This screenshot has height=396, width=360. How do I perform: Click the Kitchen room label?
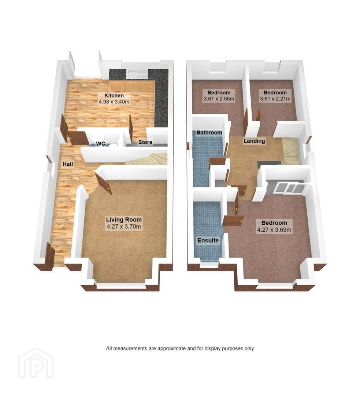pos(114,95)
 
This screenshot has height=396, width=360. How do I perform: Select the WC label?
pos(101,144)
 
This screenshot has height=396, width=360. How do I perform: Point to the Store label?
pos(145,142)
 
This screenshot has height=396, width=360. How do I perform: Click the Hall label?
pos(68,164)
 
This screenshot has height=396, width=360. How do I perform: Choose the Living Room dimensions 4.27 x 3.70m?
pos(124,226)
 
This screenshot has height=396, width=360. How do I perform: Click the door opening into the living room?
pos(103,183)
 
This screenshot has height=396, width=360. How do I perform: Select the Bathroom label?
pos(209,132)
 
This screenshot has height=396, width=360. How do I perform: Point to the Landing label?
pos(254,141)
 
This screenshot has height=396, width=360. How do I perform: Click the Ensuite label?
pos(208,240)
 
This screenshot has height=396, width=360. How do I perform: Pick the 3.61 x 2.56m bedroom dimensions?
pos(219,99)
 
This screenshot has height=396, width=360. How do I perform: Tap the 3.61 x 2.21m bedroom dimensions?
pos(275,99)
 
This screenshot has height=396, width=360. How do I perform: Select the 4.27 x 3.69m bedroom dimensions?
pos(274,230)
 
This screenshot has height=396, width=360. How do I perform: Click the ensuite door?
pos(233,220)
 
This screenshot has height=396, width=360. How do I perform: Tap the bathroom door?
pos(218,161)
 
